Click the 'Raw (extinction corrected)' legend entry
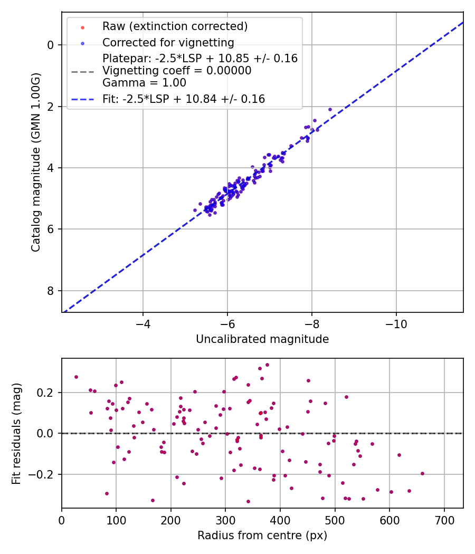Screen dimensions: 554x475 [x=175, y=26]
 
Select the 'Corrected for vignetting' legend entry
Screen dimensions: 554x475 [x=168, y=42]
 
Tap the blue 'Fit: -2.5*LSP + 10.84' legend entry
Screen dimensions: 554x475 [x=183, y=99]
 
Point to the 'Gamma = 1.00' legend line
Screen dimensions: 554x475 [x=144, y=83]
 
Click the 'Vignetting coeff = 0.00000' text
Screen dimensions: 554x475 [x=177, y=71]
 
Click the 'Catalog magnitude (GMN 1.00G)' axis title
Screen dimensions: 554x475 [x=35, y=163]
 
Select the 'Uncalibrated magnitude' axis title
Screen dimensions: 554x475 [x=262, y=339]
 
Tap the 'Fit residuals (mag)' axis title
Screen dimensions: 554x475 [x=17, y=434]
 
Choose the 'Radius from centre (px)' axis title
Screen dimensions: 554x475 [x=262, y=536]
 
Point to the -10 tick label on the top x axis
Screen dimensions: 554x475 [x=396, y=324]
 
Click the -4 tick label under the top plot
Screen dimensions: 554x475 [x=143, y=324]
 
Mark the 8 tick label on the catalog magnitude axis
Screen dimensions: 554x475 [x=51, y=291]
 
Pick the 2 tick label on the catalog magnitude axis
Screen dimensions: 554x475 [x=51, y=107]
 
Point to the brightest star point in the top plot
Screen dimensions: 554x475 [x=330, y=109]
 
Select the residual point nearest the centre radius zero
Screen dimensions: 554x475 [x=76, y=377]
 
